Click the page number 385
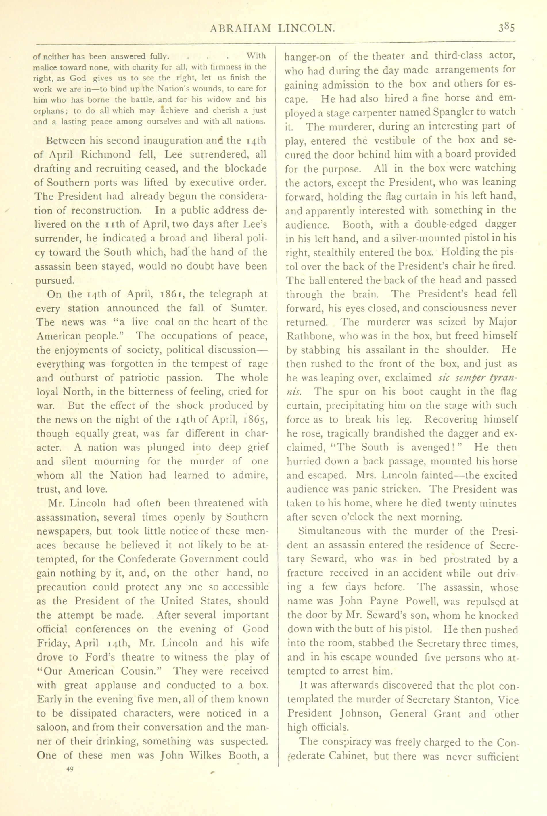click(506, 28)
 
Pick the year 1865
click(255, 420)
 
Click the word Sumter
click(249, 308)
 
